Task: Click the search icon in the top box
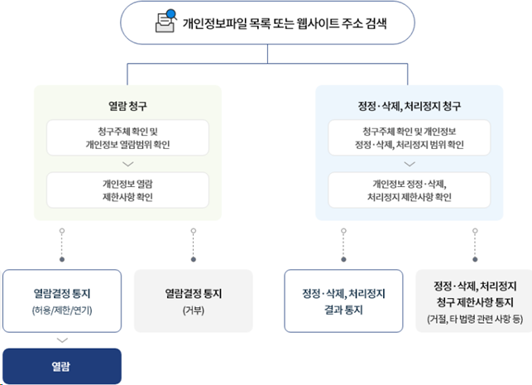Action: (x=165, y=22)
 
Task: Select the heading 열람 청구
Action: (x=127, y=105)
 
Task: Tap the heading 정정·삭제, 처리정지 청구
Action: (x=409, y=105)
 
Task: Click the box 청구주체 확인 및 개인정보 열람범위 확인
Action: (x=127, y=137)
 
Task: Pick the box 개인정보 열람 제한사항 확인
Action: (x=127, y=190)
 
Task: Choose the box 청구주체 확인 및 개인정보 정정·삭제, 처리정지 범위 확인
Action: (x=409, y=137)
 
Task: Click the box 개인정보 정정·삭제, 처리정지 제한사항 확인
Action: (x=409, y=190)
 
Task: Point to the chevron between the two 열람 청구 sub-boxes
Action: (x=127, y=164)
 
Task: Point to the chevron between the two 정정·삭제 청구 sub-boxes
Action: (x=409, y=164)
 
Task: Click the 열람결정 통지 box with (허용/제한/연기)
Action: (x=62, y=301)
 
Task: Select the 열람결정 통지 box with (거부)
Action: (x=193, y=301)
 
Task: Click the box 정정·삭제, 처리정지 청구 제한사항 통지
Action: (x=474, y=301)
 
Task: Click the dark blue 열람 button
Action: (x=62, y=365)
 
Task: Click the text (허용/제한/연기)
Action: (x=62, y=310)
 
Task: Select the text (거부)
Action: (x=193, y=310)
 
